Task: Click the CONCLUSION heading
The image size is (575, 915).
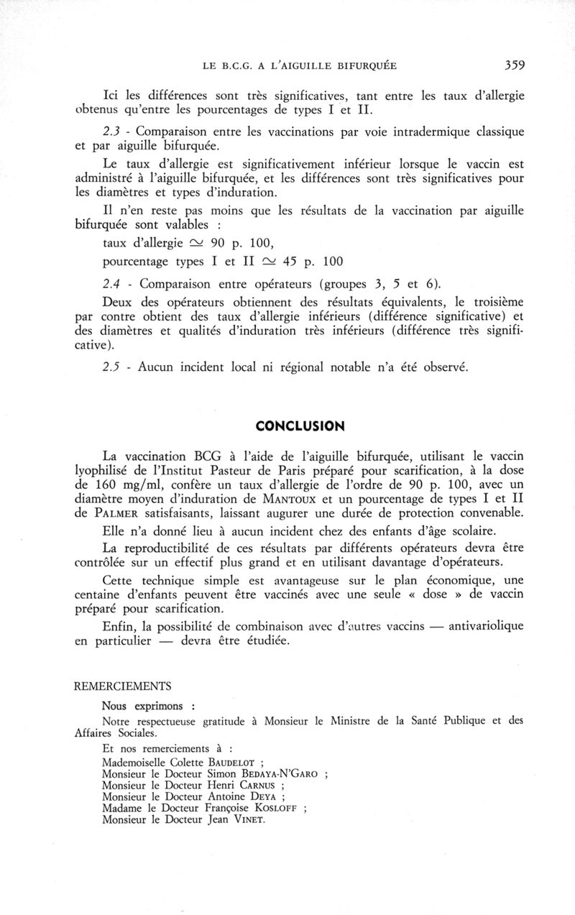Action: tap(300, 426)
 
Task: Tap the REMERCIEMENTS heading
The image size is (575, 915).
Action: tap(123, 686)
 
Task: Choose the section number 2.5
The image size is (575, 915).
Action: tap(114, 367)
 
